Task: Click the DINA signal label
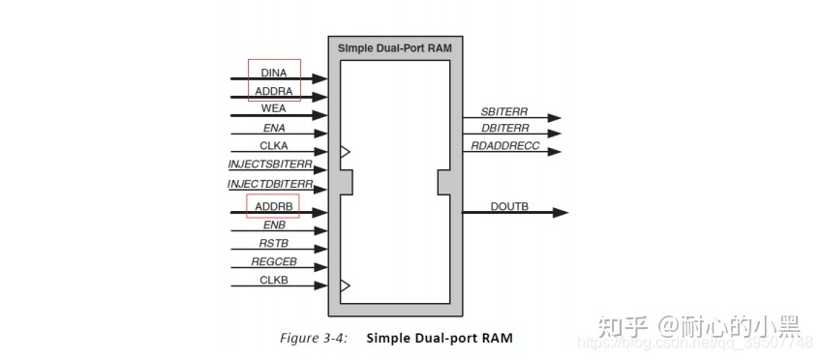(x=274, y=73)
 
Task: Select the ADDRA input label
(x=274, y=91)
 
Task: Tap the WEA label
(x=274, y=109)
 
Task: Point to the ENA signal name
(x=274, y=128)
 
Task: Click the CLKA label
(x=274, y=146)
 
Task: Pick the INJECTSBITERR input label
(x=270, y=165)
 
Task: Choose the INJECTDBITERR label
(x=270, y=184)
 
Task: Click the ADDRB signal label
(x=274, y=206)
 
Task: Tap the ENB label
(x=274, y=225)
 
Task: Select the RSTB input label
(x=274, y=244)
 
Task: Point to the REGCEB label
(x=274, y=262)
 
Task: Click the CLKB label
(x=274, y=281)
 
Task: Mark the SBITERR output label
(x=503, y=111)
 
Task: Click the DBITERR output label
(x=504, y=128)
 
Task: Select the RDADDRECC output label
(x=504, y=146)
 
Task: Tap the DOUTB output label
(x=509, y=206)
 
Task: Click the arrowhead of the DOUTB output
(x=561, y=213)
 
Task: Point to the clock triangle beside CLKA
(x=345, y=152)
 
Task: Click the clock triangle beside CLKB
(x=345, y=285)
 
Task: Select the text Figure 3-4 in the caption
(x=314, y=338)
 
